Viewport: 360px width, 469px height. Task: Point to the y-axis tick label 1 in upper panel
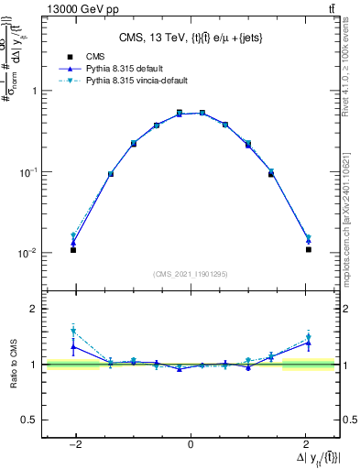click(35, 91)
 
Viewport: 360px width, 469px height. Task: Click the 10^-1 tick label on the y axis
click(29, 171)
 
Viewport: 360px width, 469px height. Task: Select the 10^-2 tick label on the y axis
click(29, 253)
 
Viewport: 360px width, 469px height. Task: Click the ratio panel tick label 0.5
click(30, 420)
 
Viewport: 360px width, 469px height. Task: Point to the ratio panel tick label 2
click(35, 309)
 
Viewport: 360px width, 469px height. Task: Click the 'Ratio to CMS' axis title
click(14, 365)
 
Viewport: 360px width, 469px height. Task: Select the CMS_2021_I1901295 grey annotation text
click(191, 273)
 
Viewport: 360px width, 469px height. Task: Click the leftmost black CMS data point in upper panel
click(73, 249)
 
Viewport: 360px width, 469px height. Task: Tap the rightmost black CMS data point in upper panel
click(309, 249)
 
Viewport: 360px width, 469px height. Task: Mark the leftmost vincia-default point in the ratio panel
click(73, 332)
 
